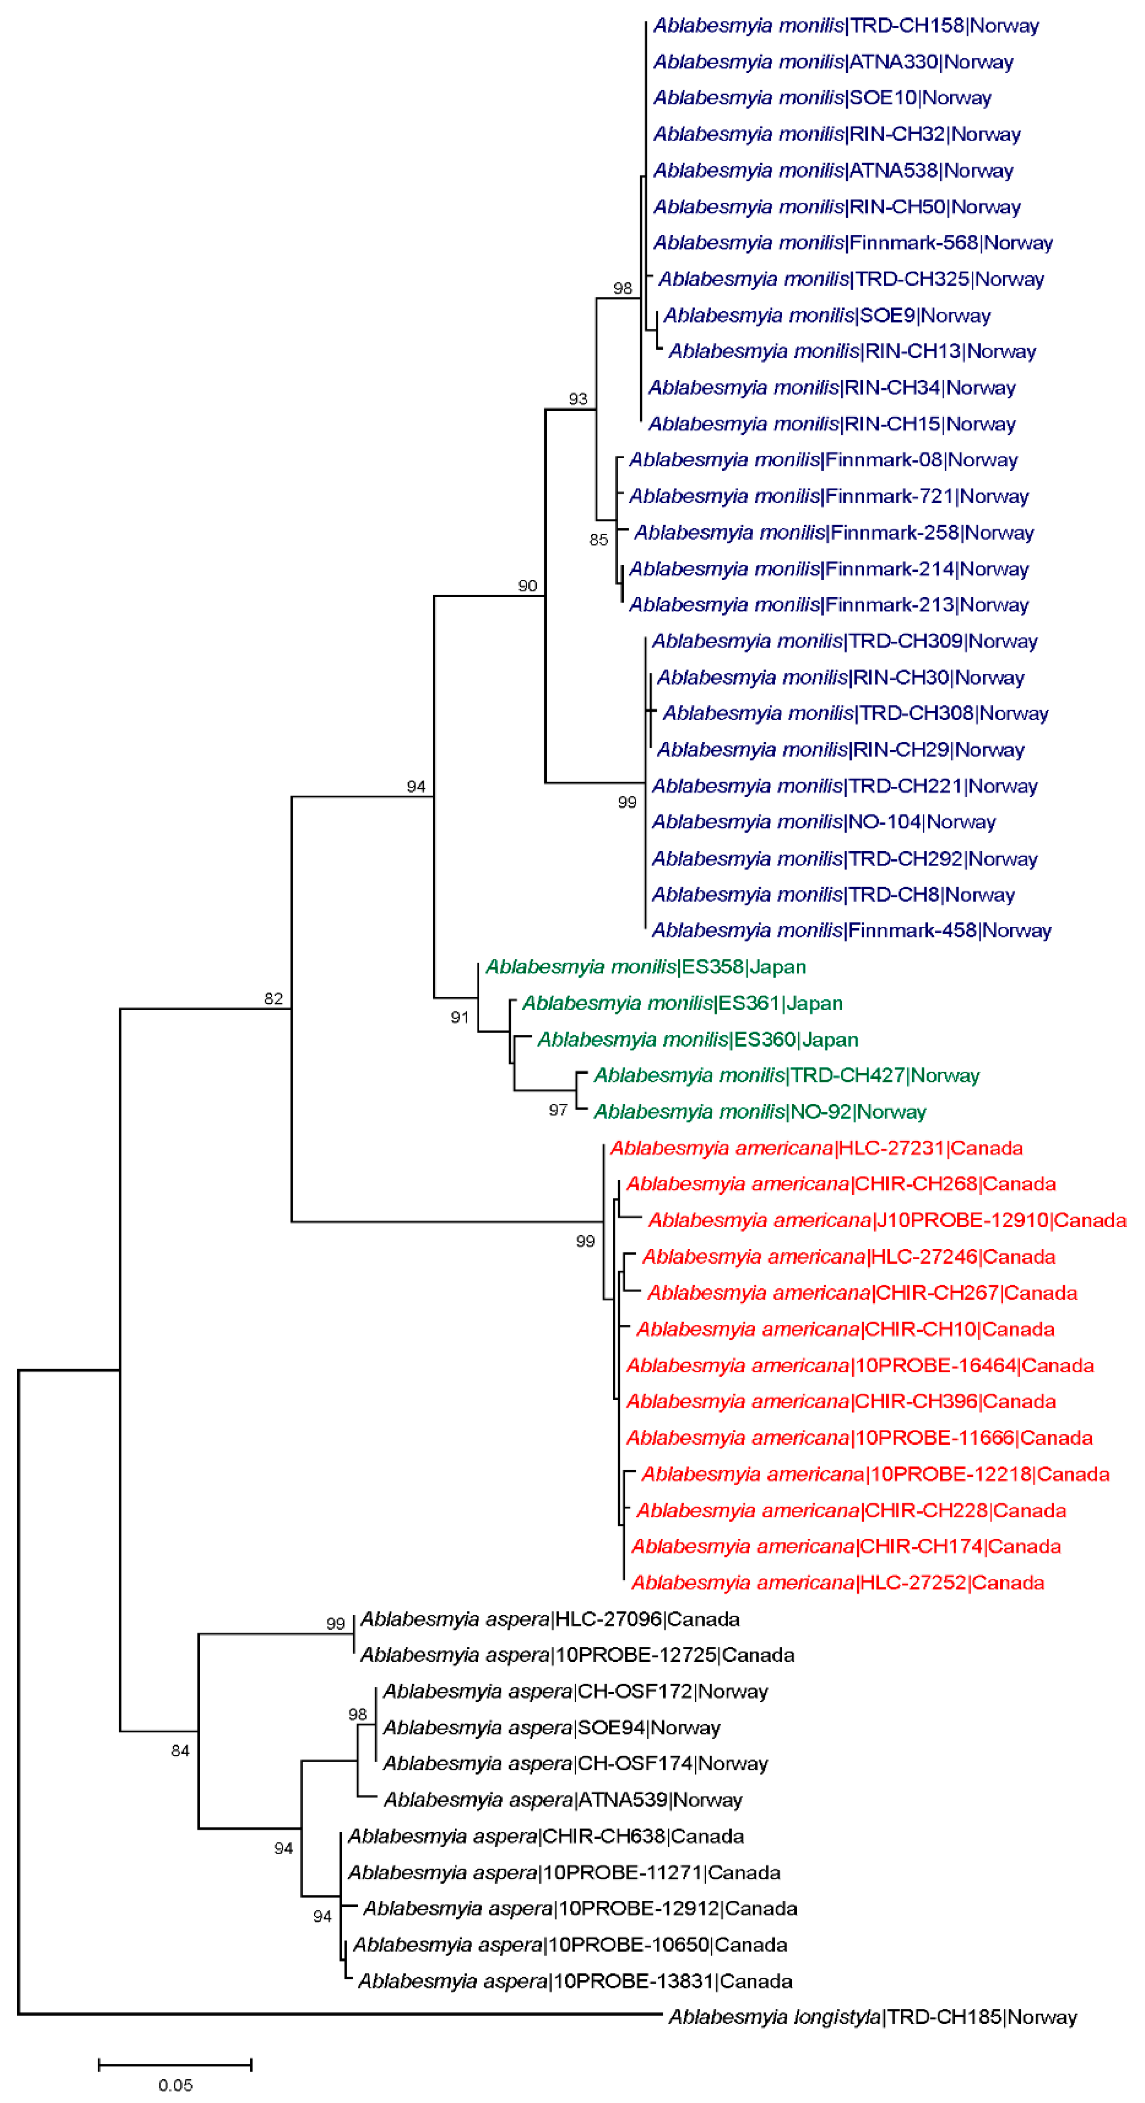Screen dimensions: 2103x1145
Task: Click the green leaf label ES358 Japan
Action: tap(645, 966)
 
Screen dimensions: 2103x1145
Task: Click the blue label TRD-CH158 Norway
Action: tap(845, 25)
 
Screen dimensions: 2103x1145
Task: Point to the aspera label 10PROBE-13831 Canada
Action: tap(575, 1981)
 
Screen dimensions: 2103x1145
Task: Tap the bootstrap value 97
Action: tap(558, 1110)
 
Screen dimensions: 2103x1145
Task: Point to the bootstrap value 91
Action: tap(460, 1017)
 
